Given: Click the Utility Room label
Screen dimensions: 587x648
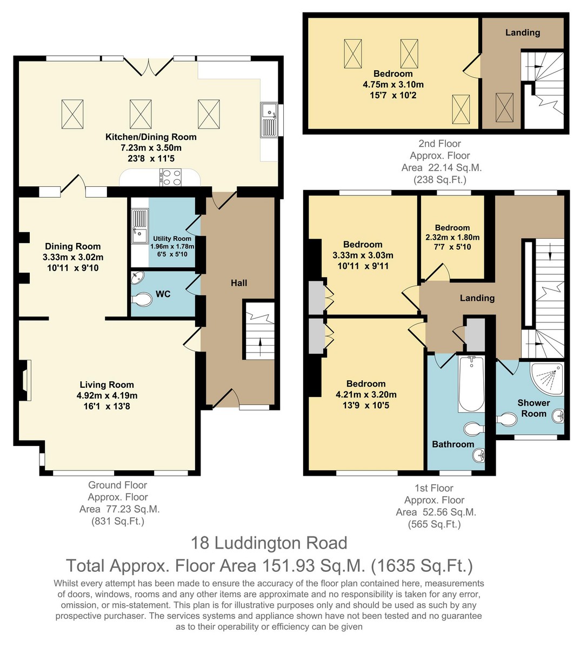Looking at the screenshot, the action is (172, 239).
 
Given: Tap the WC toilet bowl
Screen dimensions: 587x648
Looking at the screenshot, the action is (142, 300).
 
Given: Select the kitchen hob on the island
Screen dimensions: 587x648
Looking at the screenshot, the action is (170, 178).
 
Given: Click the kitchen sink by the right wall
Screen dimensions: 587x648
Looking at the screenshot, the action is (269, 120).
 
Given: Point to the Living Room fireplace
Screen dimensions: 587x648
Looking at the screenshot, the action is (24, 380).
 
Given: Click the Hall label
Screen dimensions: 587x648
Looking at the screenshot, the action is (239, 283).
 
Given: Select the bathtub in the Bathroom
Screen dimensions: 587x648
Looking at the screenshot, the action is (471, 384).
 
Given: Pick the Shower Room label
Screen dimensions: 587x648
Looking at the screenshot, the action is (533, 408).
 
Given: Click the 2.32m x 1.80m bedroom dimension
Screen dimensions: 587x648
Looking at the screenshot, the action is (452, 238).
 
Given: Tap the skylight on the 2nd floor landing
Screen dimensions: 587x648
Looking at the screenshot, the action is (504, 107).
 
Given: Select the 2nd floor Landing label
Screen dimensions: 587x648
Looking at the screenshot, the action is (523, 32).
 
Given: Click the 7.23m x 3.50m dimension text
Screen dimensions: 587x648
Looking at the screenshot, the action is (151, 148).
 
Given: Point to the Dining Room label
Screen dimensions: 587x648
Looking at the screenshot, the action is (73, 246).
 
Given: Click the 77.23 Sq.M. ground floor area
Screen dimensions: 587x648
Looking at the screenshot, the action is (132, 509).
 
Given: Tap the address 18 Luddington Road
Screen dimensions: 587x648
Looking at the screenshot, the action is (269, 543).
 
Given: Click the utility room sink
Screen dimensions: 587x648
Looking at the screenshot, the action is (139, 226).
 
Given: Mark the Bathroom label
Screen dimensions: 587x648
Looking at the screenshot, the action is (453, 444).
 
